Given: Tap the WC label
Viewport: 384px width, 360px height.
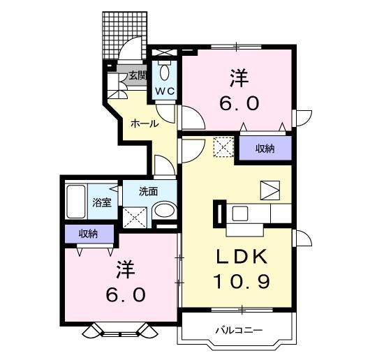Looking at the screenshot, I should pos(164,91).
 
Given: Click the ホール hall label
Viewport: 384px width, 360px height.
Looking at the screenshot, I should pos(144,123).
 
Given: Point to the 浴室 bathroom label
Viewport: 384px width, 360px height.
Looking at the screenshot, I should pos(102,203).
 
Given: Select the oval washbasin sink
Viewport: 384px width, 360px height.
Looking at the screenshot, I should pos(165,211).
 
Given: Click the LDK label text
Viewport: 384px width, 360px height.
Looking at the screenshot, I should pos(242,257).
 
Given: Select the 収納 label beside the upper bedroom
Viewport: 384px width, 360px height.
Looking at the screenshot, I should pos(264,148).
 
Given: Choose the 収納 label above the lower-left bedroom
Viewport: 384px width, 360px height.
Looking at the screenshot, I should pos(89,234).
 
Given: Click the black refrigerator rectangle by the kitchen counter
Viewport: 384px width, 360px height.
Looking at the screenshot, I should pos(218,213).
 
